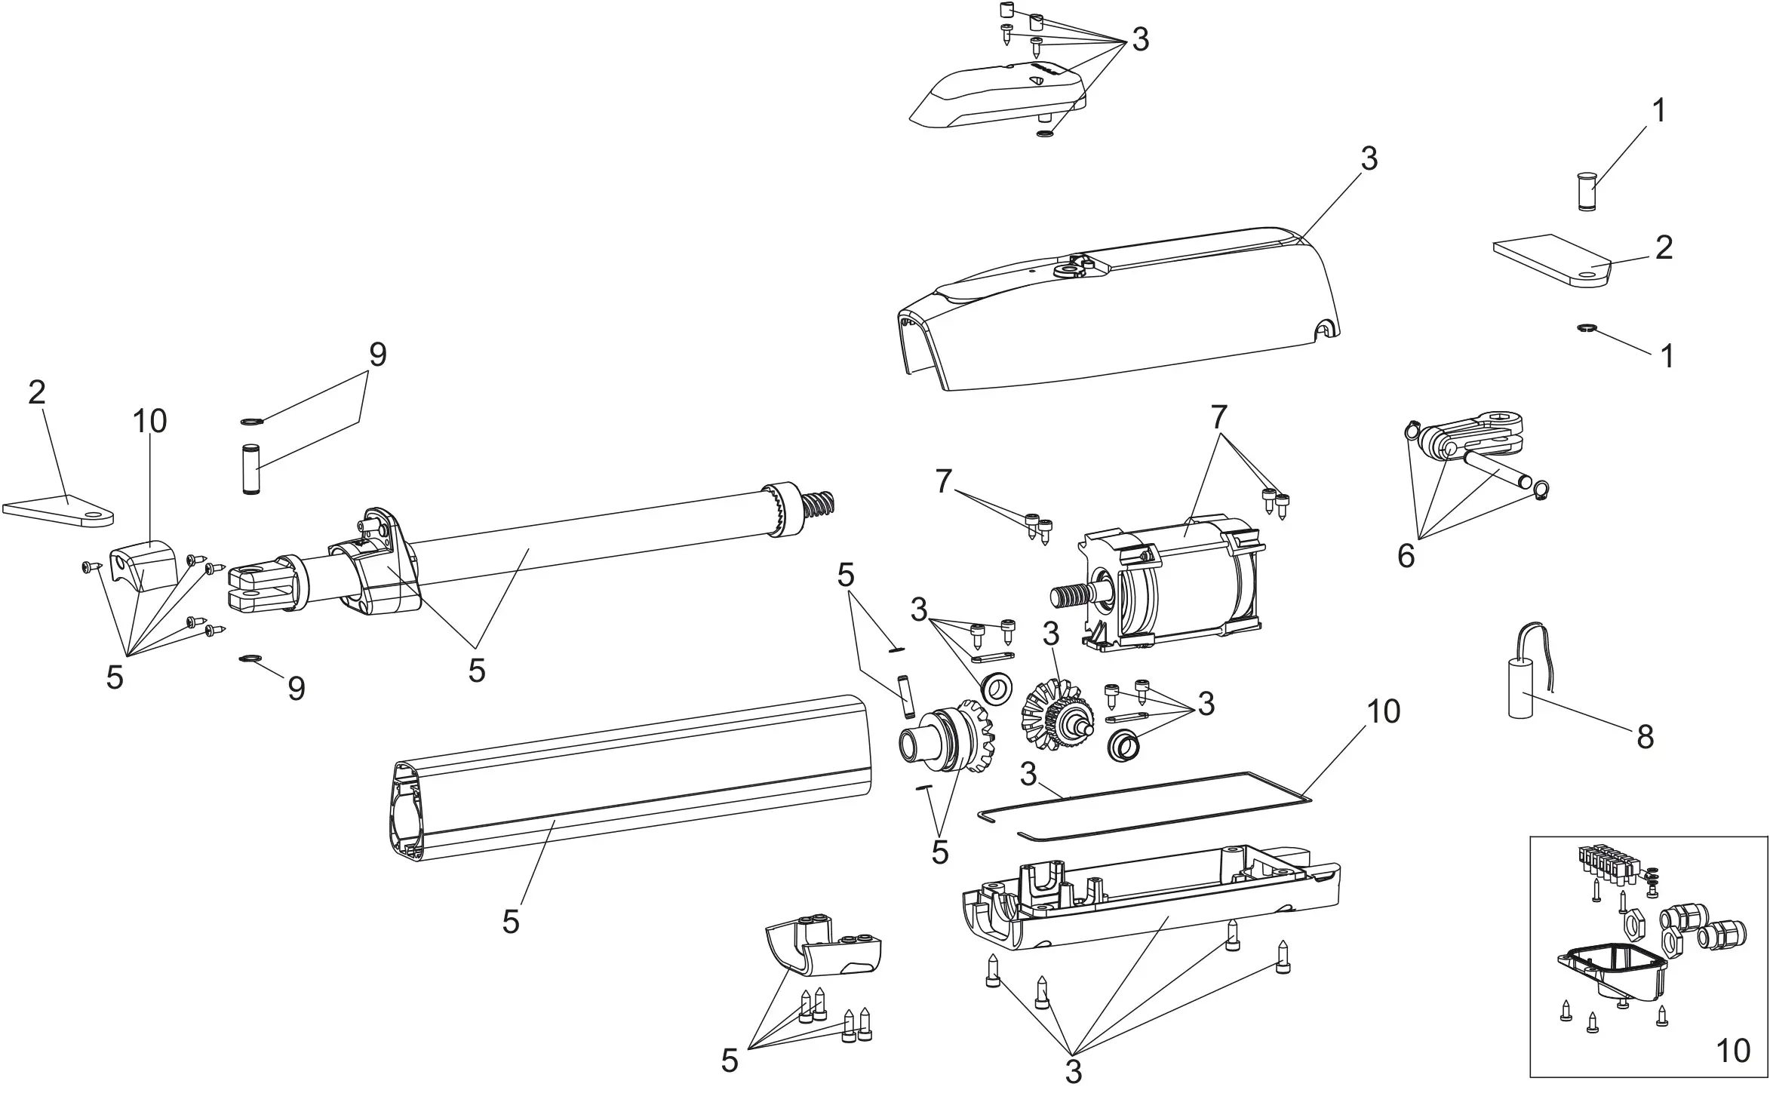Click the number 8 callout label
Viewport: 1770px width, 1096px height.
pyautogui.click(x=1645, y=737)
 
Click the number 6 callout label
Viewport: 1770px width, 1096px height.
pyautogui.click(x=1406, y=557)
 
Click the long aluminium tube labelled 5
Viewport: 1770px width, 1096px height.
pyautogui.click(x=626, y=777)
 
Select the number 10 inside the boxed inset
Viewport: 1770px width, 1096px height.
pyautogui.click(x=1732, y=1051)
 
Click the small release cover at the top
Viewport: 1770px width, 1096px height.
pyautogui.click(x=996, y=94)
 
